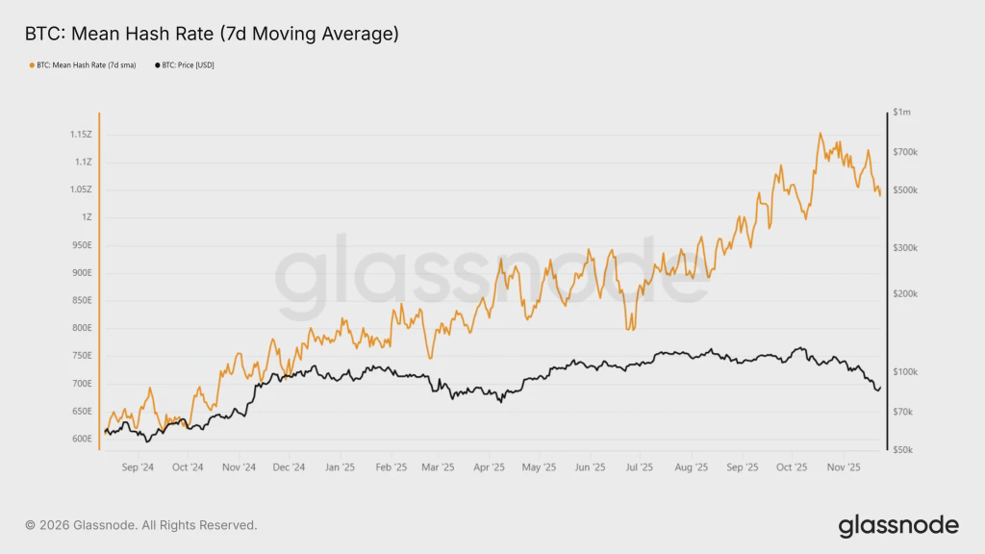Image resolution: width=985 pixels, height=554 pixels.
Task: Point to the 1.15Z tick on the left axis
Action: [80, 135]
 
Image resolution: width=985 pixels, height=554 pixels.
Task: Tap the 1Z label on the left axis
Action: [87, 217]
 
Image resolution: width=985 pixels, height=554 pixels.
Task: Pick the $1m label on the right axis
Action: [901, 113]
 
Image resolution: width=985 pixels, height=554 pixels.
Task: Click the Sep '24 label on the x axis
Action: [139, 467]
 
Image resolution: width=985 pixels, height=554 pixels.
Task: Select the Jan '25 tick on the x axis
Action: [340, 467]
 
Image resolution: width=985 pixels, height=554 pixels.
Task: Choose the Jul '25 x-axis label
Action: [640, 467]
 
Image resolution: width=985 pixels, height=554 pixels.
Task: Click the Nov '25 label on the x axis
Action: [843, 467]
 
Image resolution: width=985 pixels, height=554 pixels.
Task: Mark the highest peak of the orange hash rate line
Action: [821, 134]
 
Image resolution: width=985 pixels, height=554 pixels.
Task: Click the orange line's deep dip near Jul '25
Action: [631, 329]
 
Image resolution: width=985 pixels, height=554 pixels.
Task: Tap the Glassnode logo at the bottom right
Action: [898, 525]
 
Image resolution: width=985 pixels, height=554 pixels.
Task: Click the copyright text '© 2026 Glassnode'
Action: [141, 525]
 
